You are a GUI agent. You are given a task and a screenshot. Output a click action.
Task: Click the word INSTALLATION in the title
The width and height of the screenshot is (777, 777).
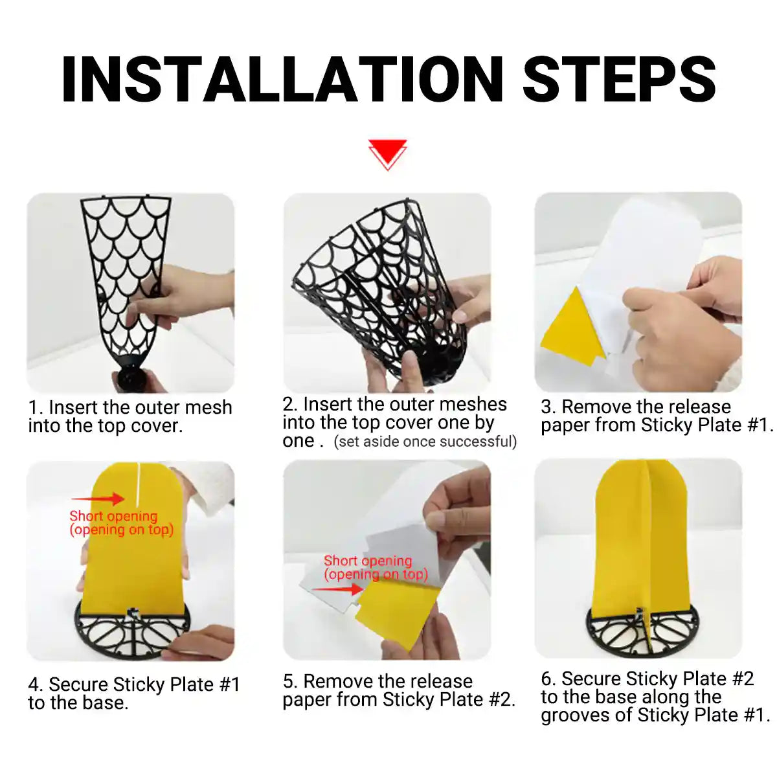[x=282, y=80]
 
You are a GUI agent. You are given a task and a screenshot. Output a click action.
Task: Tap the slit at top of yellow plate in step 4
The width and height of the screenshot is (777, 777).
[x=139, y=482]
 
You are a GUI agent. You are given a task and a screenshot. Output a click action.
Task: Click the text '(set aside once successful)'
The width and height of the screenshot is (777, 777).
[x=425, y=442]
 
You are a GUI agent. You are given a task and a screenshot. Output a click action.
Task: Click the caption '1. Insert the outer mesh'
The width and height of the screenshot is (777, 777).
[x=130, y=407]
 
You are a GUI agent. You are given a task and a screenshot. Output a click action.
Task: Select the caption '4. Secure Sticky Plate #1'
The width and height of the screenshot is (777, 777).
[x=134, y=684]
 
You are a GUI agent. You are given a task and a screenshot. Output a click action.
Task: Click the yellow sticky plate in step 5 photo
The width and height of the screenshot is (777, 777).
[x=395, y=615]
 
